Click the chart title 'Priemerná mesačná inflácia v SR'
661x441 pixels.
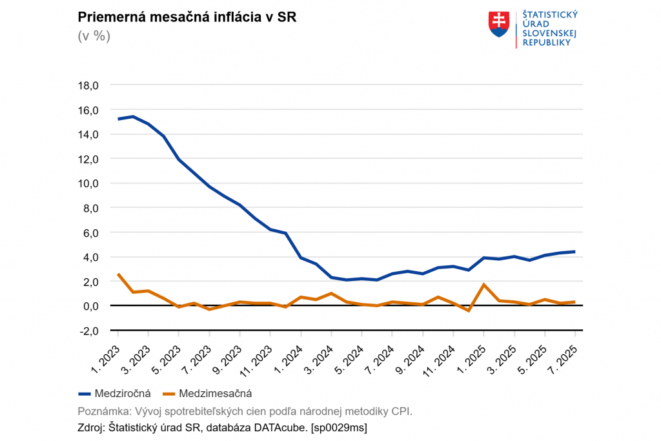pos(187,17)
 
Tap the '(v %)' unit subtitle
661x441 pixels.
pos(94,36)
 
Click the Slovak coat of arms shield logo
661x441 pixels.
pos(499,24)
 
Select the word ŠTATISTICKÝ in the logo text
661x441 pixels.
pos(549,14)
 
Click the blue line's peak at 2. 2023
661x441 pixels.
pos(133,117)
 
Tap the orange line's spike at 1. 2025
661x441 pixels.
pos(483,285)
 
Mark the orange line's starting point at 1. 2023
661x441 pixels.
pos(118,274)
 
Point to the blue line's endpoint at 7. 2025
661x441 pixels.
pos(575,252)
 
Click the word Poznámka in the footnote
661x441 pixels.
pos(100,411)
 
